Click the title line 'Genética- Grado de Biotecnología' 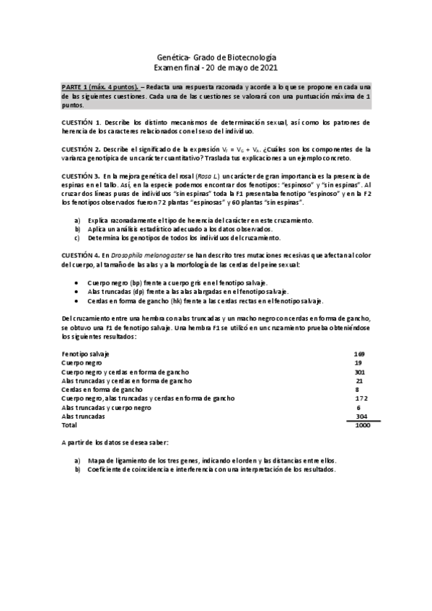pos(216,57)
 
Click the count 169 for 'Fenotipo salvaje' pos(359,354)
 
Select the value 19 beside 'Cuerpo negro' pos(359,362)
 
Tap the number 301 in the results pos(360,372)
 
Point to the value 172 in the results pos(361,398)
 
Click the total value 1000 pos(361,425)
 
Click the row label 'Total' pos(69,425)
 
